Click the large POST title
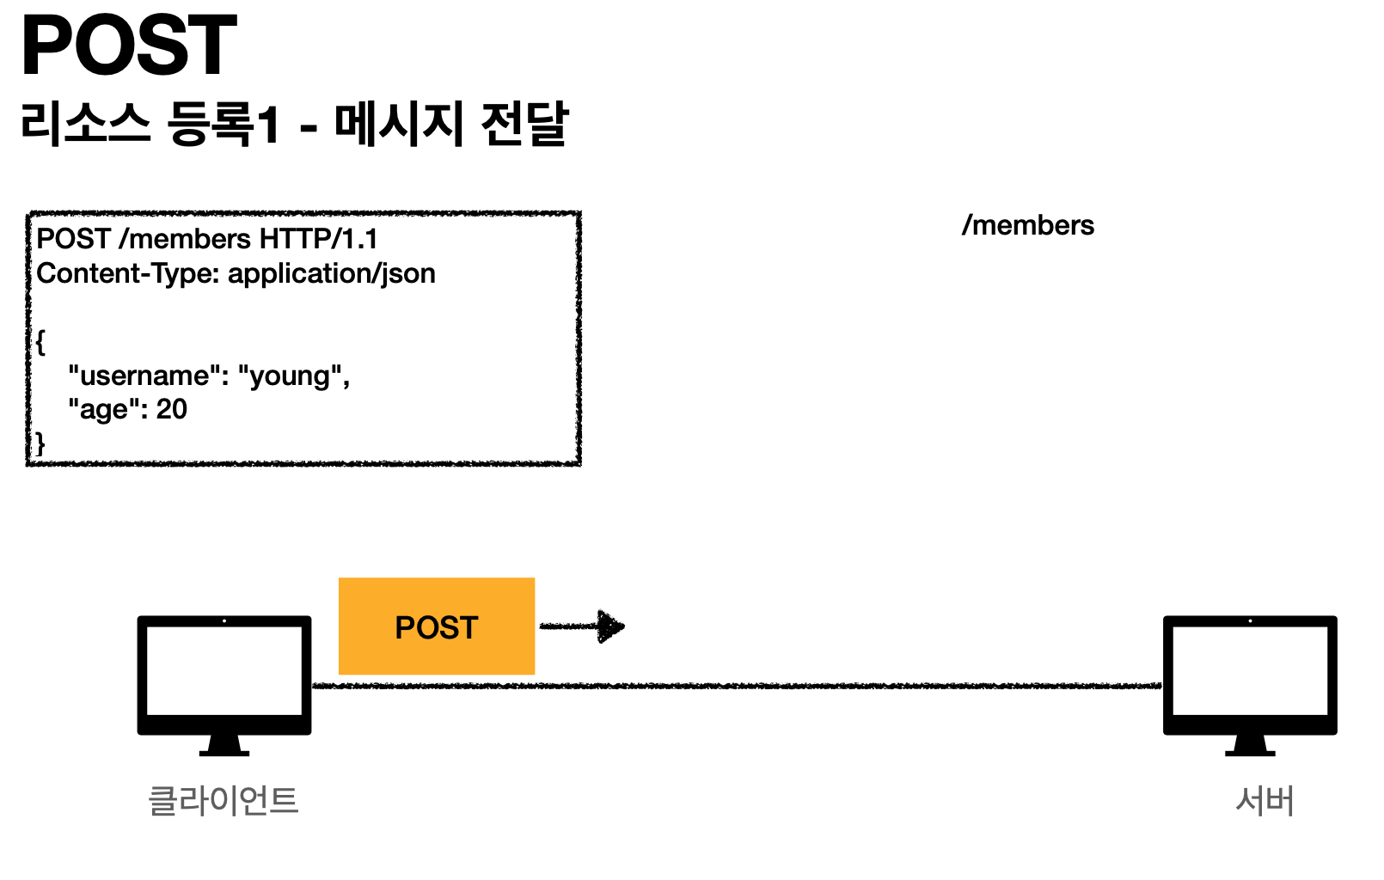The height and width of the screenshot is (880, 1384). click(129, 45)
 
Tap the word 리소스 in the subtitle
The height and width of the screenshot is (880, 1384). click(85, 124)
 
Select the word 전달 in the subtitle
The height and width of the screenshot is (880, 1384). click(524, 124)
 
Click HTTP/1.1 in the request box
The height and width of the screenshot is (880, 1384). click(319, 239)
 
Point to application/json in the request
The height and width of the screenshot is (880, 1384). click(332, 273)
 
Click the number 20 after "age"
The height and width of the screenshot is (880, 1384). click(172, 409)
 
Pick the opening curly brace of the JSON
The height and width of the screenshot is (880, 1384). click(40, 342)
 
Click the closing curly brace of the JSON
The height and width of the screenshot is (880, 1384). click(40, 443)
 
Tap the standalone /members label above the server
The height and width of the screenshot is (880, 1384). click(1028, 225)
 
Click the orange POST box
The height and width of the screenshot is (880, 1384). click(437, 626)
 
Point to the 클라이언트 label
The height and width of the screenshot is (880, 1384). click(224, 801)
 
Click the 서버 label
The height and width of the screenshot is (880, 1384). click(1265, 801)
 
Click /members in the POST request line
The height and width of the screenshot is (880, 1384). click(185, 239)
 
